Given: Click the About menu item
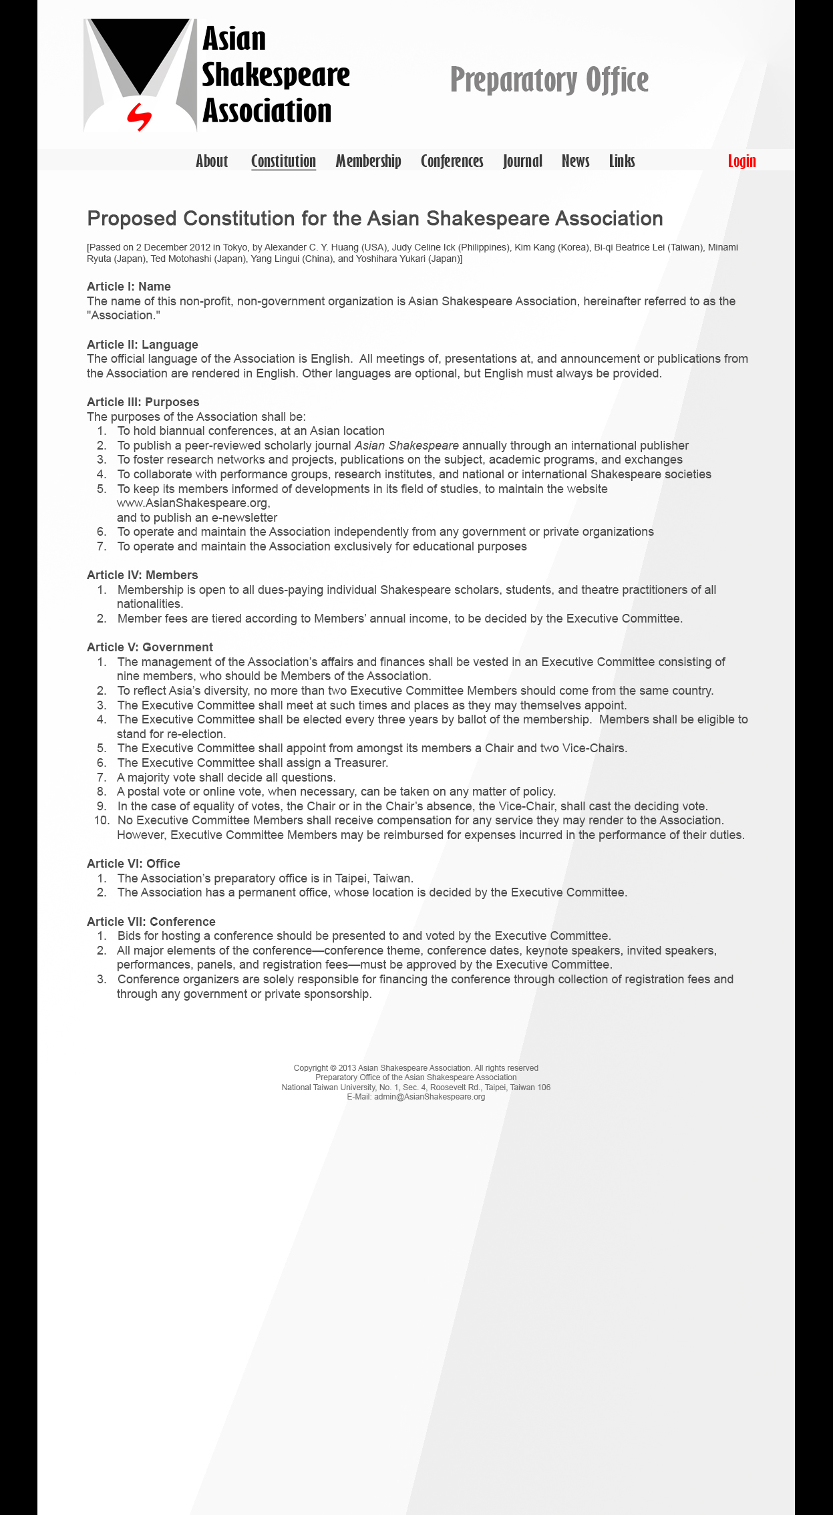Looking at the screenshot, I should (212, 161).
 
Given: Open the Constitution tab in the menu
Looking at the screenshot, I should (283, 161).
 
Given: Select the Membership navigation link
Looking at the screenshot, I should (368, 161).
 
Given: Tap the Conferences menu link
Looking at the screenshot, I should (452, 161).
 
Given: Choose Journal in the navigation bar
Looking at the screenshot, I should (522, 161).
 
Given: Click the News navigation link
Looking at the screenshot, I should (575, 161).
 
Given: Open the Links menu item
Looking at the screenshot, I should (622, 161).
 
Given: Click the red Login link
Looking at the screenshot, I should (741, 161).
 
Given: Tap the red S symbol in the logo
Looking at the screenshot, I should (140, 117).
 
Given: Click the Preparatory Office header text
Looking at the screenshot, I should (549, 80).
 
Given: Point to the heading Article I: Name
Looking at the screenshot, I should (129, 287).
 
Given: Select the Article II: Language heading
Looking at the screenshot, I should (142, 345).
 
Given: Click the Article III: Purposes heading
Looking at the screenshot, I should (143, 402).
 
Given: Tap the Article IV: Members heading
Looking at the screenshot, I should (142, 575).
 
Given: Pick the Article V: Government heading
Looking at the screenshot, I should (150, 647).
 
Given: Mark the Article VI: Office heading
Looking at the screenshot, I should (134, 864).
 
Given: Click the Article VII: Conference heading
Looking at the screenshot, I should (151, 922).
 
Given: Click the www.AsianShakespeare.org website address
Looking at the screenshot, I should (192, 503).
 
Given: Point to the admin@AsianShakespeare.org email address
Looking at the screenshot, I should (429, 1097).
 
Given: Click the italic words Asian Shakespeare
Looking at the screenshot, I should (406, 446).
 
